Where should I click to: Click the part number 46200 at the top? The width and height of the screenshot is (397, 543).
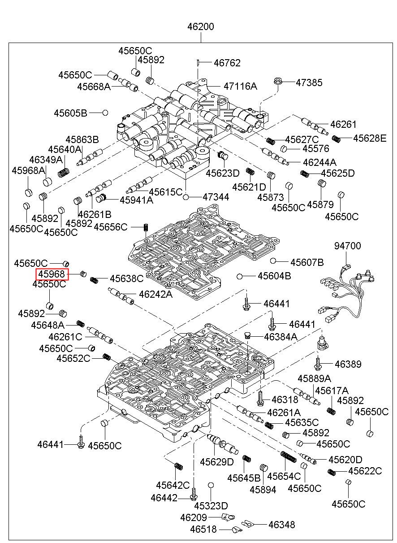(200, 27)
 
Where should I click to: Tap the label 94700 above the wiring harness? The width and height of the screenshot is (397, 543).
(347, 246)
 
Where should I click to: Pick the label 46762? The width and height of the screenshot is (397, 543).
(227, 63)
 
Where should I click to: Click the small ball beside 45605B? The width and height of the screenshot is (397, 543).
(105, 112)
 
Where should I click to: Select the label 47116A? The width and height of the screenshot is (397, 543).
(240, 86)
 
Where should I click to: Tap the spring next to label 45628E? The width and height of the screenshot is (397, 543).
(337, 139)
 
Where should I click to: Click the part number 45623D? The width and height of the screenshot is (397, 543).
(223, 173)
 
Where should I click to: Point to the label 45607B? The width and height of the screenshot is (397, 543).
(307, 262)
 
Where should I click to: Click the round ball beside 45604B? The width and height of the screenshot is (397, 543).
(240, 276)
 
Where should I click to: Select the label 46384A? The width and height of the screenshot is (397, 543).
(280, 336)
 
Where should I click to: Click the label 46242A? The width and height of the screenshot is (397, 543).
(155, 294)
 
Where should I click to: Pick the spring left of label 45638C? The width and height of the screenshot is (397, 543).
(94, 280)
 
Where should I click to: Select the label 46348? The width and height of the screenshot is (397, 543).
(281, 524)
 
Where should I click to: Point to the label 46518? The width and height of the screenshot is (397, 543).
(203, 530)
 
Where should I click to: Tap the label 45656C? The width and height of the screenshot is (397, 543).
(111, 227)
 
